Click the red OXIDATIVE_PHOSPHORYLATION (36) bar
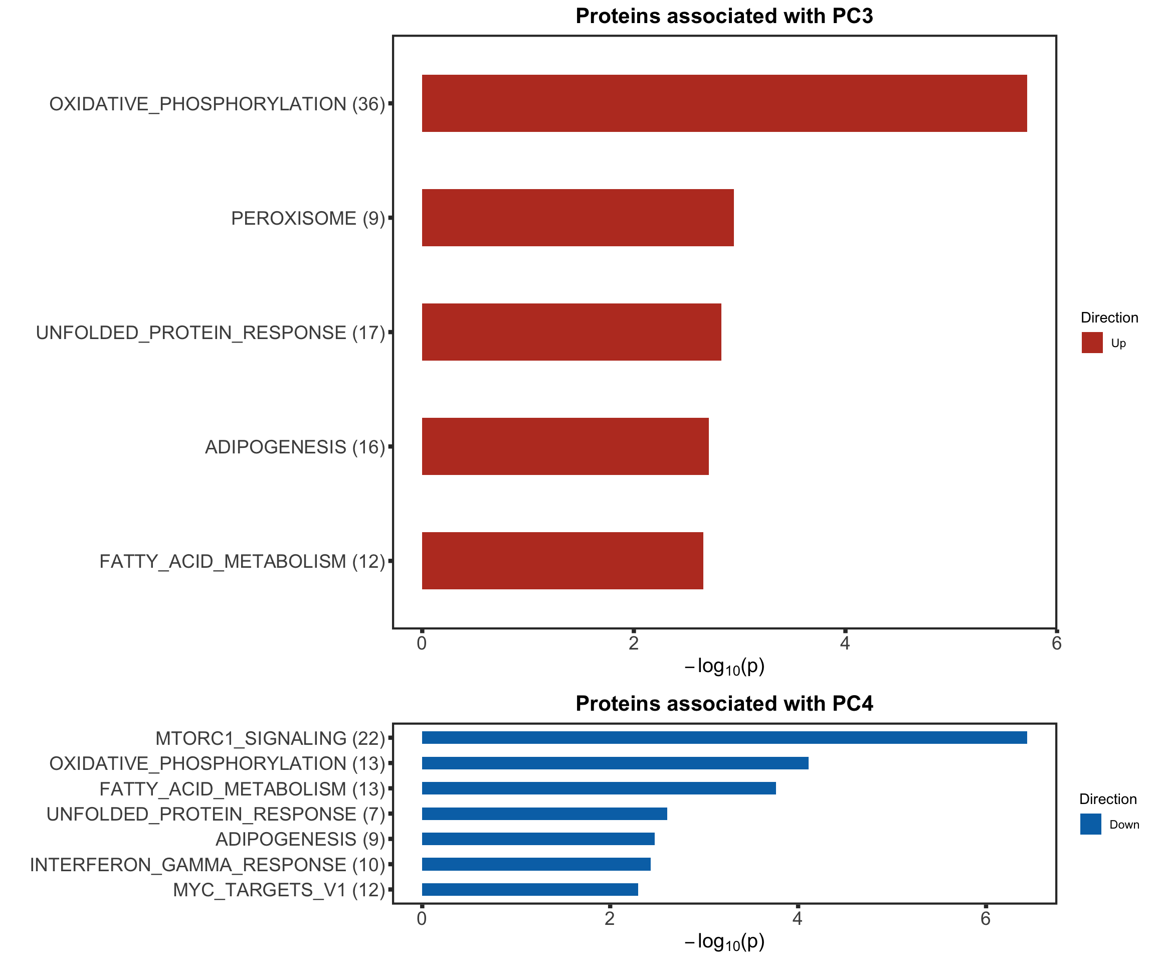pos(724,103)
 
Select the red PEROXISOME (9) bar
pos(577,218)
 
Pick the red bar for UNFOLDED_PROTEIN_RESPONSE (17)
pos(571,332)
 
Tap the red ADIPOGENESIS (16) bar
pos(565,446)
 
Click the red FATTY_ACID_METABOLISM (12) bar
pos(562,561)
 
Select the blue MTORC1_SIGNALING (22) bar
pos(724,738)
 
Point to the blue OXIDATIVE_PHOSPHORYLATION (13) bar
pos(615,763)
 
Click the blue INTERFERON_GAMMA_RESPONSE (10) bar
pos(536,865)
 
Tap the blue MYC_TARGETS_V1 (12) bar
pos(530,890)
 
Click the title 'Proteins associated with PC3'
pos(724,16)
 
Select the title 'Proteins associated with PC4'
pos(724,704)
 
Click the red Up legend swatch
pos(1092,342)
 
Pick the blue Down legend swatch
pos(1090,825)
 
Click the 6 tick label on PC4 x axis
pos(985,919)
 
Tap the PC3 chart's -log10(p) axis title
pos(724,667)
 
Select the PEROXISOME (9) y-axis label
pos(307,219)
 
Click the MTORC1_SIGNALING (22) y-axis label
pos(270,738)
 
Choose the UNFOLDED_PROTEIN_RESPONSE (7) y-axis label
pos(216,815)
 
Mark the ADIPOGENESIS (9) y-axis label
pos(300,840)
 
